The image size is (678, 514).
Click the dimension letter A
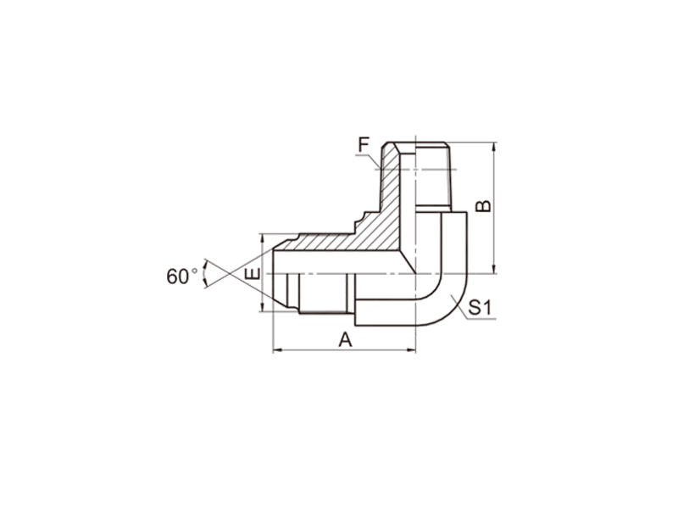(345, 339)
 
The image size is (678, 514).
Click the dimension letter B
(483, 206)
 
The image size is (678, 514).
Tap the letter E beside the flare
(252, 273)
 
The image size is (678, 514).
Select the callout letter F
(364, 144)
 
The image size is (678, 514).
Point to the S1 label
(480, 308)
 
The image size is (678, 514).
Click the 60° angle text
(181, 277)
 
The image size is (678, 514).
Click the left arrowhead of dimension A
(278, 350)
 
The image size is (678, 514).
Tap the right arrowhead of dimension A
(411, 350)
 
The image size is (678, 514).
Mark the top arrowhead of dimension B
(494, 147)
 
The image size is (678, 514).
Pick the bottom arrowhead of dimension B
(494, 269)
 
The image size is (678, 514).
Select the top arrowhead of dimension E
(263, 238)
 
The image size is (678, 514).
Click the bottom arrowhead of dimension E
(263, 306)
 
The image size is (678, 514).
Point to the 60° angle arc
(204, 274)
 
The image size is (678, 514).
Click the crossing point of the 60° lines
(230, 274)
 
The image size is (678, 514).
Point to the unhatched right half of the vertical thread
(432, 176)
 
